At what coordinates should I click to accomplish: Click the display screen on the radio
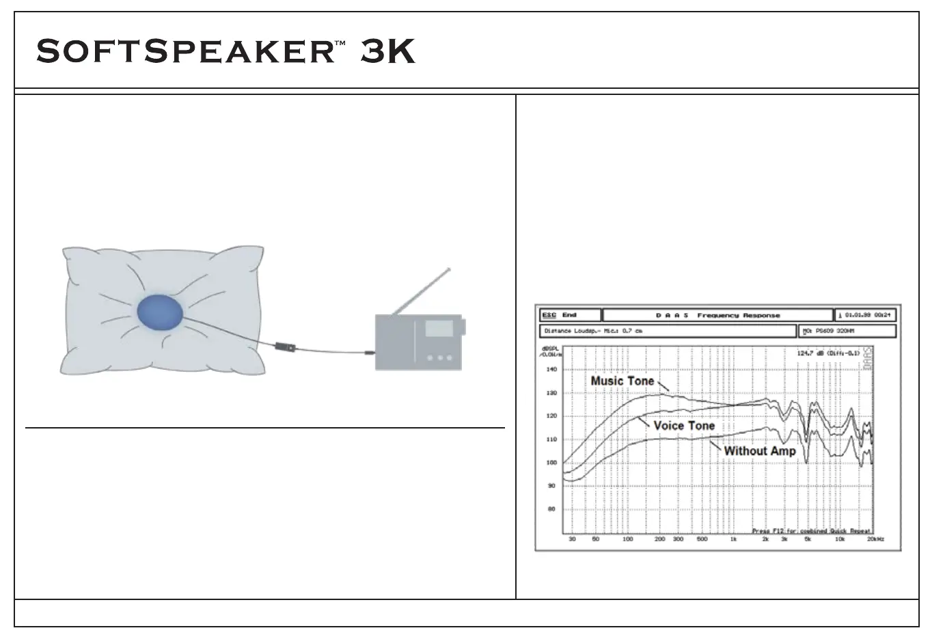(x=439, y=329)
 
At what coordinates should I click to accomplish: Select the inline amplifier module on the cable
(x=285, y=347)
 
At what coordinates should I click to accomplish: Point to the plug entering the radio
(x=370, y=353)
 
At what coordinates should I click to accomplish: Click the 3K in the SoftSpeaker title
(x=387, y=52)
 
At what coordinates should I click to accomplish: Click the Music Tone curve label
(x=622, y=381)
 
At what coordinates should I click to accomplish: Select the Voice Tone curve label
(x=683, y=426)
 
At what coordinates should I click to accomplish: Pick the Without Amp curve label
(x=759, y=451)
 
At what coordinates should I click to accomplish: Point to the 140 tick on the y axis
(x=551, y=370)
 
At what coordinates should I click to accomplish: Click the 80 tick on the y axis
(x=551, y=509)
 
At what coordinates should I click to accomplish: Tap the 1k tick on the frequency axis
(x=733, y=539)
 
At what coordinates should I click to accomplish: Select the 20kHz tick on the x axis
(x=876, y=539)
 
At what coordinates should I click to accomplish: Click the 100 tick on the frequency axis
(x=627, y=539)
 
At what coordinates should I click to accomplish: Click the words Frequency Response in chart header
(x=738, y=316)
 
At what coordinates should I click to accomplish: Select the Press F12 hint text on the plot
(x=810, y=530)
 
